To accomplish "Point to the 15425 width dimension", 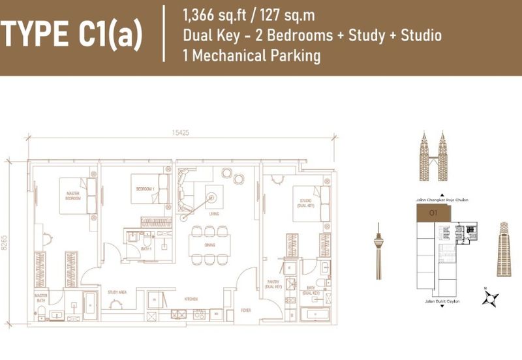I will click(181, 133).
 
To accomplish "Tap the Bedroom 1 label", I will click(144, 188).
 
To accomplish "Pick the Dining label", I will click(209, 244).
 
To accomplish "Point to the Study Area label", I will click(117, 293).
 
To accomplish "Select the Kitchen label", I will click(191, 299).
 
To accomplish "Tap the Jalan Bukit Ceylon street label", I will click(442, 303).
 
